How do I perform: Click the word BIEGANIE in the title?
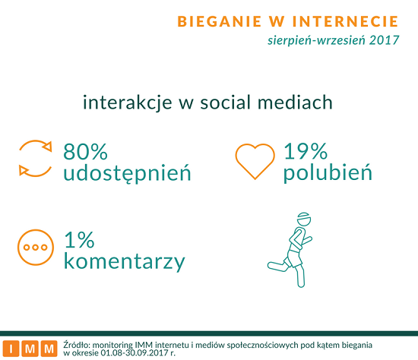point(220,21)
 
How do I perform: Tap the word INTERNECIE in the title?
point(345,21)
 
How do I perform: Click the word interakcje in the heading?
point(128,103)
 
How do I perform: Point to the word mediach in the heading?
point(295,102)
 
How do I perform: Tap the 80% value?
point(85,151)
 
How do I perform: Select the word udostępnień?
point(127,173)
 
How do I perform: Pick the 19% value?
point(306,151)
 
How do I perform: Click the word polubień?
point(328,173)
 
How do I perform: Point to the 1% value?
point(79,240)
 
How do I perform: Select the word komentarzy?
point(124,262)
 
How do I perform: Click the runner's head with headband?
point(304,219)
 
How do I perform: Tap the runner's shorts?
point(293,258)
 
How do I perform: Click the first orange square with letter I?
point(11,349)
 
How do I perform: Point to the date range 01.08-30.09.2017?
point(136,353)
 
